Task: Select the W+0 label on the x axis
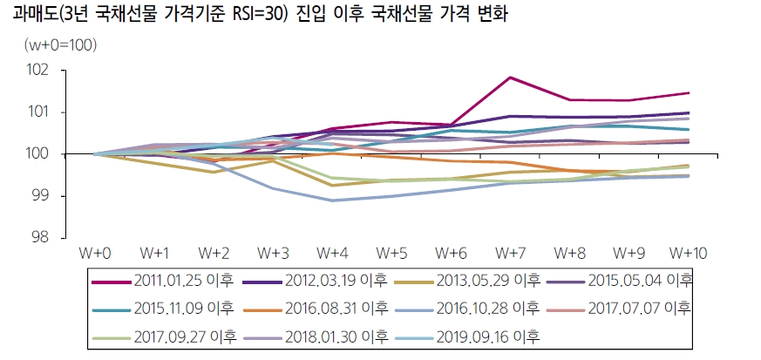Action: pos(95,254)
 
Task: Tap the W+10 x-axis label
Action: pos(688,254)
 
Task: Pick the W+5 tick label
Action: pos(391,254)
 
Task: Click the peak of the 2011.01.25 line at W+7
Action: pos(510,78)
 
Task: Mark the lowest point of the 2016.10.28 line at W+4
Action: pos(332,200)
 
